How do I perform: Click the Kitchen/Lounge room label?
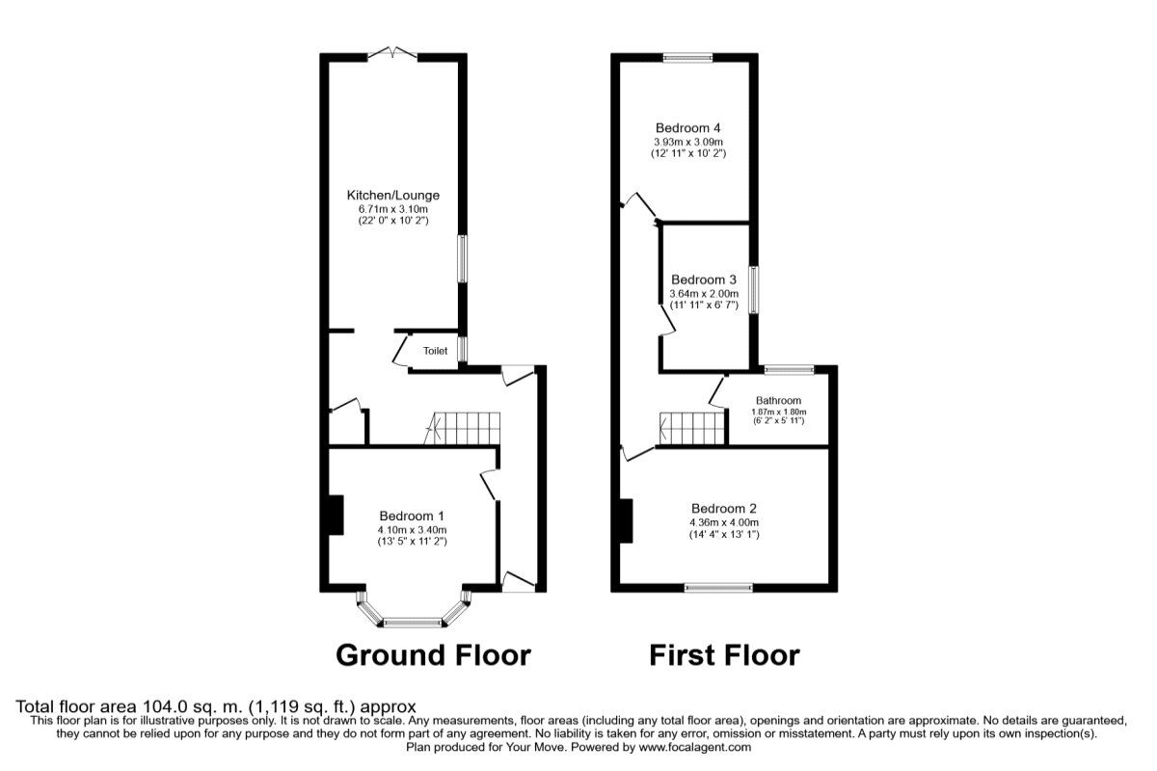(393, 196)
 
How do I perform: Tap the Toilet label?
(435, 352)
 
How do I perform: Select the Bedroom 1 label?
(412, 516)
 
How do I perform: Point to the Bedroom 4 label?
(688, 128)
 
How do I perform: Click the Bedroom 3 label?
(704, 279)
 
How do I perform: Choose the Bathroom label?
(778, 401)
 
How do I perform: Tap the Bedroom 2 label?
(724, 509)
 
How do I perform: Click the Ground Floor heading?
(433, 655)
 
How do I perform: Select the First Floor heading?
(724, 655)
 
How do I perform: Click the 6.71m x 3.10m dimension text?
(393, 209)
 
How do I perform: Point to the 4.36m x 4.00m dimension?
(724, 522)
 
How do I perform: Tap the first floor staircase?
(691, 428)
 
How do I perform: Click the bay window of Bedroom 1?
(412, 620)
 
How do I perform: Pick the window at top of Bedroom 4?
(687, 57)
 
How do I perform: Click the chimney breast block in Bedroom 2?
(626, 521)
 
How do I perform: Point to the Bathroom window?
(789, 368)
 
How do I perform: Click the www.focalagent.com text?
(694, 747)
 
